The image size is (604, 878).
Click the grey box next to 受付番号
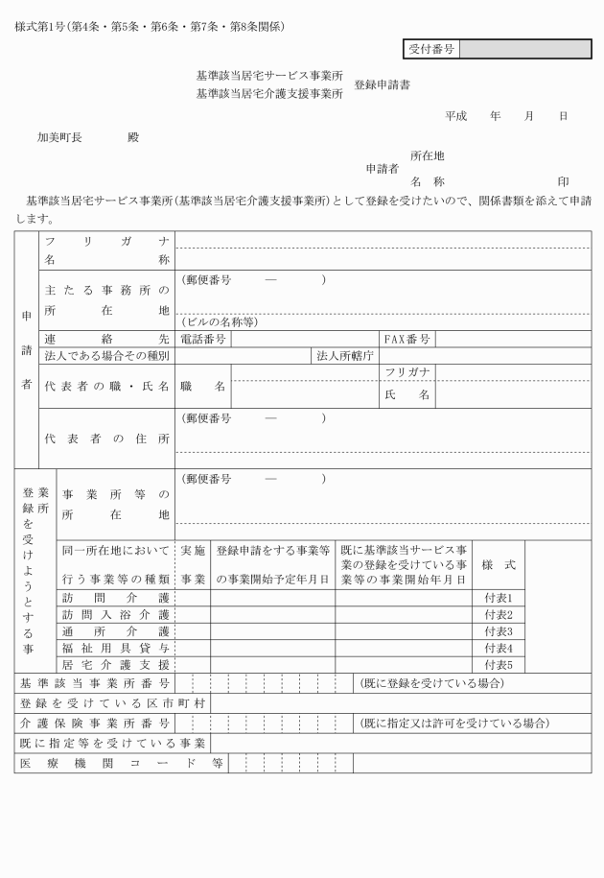[524, 49]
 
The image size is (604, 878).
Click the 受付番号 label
[430, 49]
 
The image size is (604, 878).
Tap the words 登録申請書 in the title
[383, 84]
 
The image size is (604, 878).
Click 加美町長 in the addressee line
[59, 137]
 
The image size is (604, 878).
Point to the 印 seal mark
[563, 181]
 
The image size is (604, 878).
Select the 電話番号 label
[202, 339]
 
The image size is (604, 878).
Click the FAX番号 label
[407, 339]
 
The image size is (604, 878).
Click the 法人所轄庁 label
[345, 355]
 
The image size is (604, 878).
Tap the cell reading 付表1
[499, 597]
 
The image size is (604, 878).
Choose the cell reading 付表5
[499, 664]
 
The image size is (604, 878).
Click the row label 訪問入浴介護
[116, 614]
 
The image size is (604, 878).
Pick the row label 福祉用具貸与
[116, 648]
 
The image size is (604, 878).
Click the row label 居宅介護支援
[116, 664]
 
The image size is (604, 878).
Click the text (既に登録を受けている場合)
[430, 683]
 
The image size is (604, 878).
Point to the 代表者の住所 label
[106, 439]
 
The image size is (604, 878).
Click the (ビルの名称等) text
[219, 321]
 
